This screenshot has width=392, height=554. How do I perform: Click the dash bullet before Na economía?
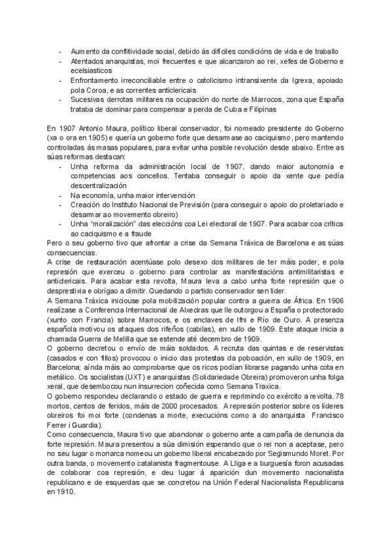pyautogui.click(x=60, y=195)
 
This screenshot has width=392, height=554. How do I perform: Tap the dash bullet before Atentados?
pyautogui.click(x=60, y=61)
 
